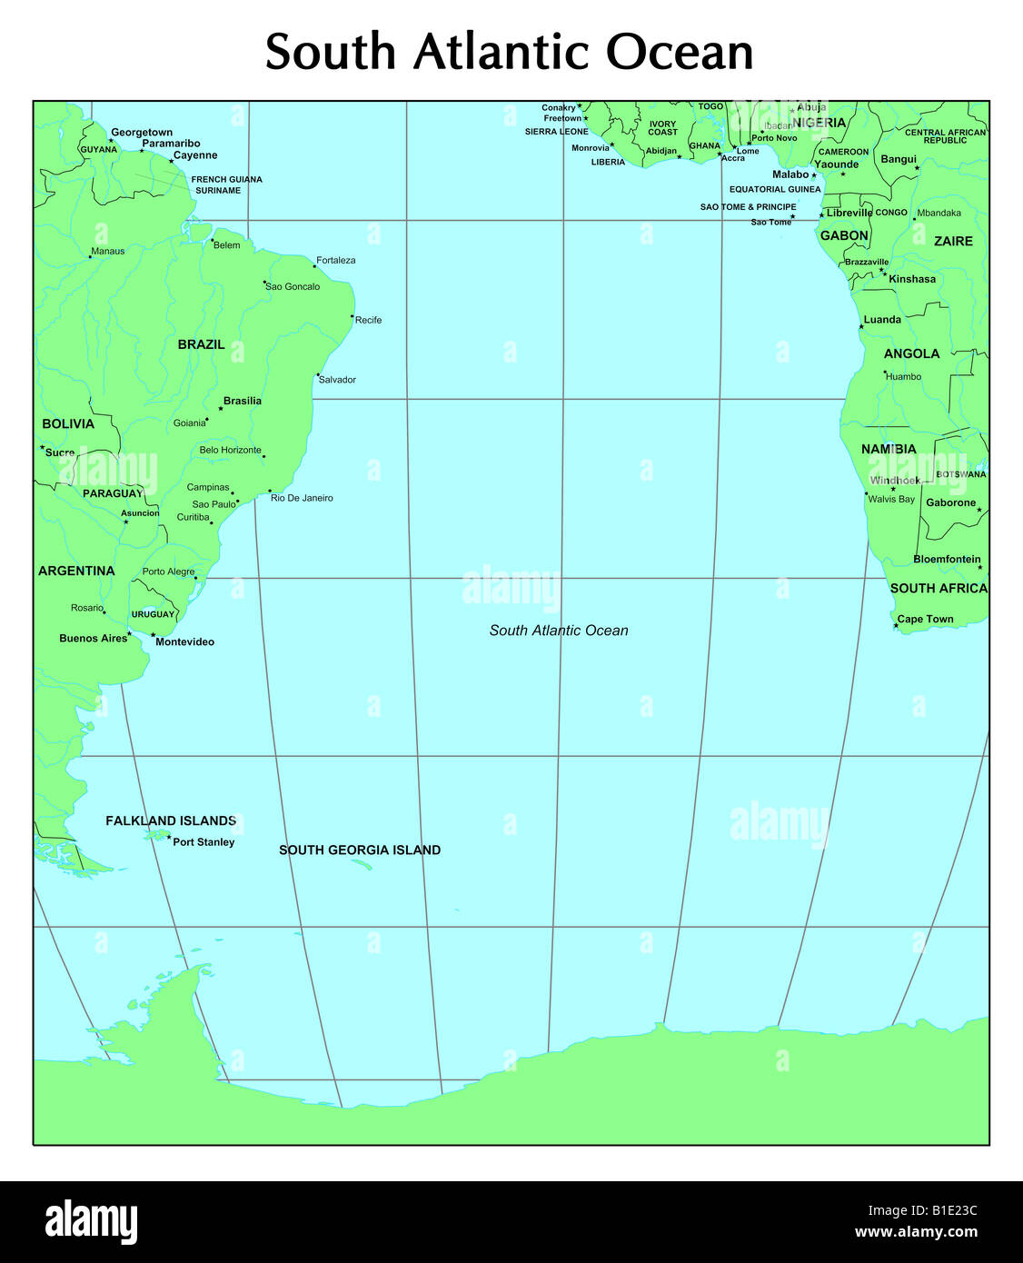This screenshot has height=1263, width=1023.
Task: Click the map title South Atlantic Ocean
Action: pos(509,52)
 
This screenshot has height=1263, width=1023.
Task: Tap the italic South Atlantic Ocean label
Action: pos(559,631)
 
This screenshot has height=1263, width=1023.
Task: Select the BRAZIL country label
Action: pos(201,344)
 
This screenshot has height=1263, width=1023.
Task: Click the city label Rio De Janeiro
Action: pos(302,498)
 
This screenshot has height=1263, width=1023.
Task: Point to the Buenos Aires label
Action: pos(93,638)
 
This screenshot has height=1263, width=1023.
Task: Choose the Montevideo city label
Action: pos(184,641)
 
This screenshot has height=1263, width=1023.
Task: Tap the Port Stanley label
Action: pos(204,842)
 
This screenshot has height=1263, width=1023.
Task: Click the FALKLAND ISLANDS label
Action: pos(171,820)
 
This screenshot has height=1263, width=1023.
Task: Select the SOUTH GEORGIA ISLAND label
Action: pos(360,850)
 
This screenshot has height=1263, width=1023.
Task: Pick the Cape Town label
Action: pos(925,619)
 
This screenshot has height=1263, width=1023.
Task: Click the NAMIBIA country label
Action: pos(889,449)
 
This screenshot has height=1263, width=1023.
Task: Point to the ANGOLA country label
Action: pos(911,353)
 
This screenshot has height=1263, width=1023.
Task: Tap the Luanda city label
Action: pos(882,320)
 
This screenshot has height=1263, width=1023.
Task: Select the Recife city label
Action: pos(368,320)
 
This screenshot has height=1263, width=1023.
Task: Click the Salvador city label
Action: pos(337,380)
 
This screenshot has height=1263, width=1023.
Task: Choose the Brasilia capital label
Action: pos(242,401)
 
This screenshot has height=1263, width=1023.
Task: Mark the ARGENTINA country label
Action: pos(76,571)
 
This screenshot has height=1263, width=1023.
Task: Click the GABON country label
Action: pos(844,235)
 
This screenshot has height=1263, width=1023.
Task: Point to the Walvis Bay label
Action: pos(891,499)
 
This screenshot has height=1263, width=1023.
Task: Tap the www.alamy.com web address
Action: pos(916,1232)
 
